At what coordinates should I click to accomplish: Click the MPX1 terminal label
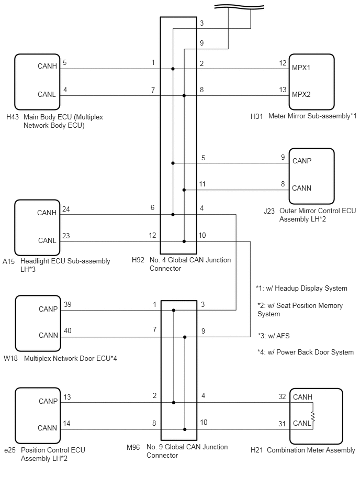pos(301,68)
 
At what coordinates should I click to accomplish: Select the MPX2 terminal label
pos(301,94)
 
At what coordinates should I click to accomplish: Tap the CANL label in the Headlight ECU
pos(47,240)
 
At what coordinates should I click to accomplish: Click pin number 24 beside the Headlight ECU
pos(66,209)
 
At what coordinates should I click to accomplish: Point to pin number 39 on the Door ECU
pos(67,305)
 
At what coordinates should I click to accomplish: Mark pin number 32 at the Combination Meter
pos(282,396)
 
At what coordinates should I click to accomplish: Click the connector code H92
pos(138,260)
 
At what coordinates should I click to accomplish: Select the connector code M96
pos(133,447)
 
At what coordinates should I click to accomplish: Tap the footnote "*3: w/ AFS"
pos(274,336)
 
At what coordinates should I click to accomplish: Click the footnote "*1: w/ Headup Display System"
pos(302,289)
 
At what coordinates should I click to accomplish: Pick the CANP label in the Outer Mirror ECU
pos(302,161)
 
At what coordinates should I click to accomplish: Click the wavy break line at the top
pos(239,7)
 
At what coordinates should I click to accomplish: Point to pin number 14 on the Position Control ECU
pos(67,424)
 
